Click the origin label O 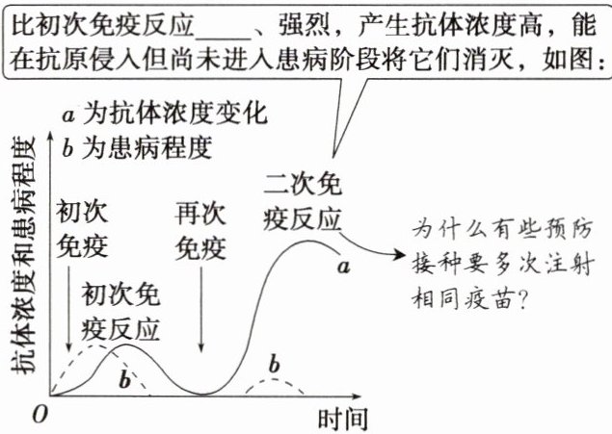coord(39,415)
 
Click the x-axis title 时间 coord(341,420)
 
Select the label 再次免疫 coord(200,231)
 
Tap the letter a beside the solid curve coord(342,265)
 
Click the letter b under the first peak coord(124,378)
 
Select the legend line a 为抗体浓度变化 coord(164,115)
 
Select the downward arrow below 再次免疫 coord(200,318)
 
